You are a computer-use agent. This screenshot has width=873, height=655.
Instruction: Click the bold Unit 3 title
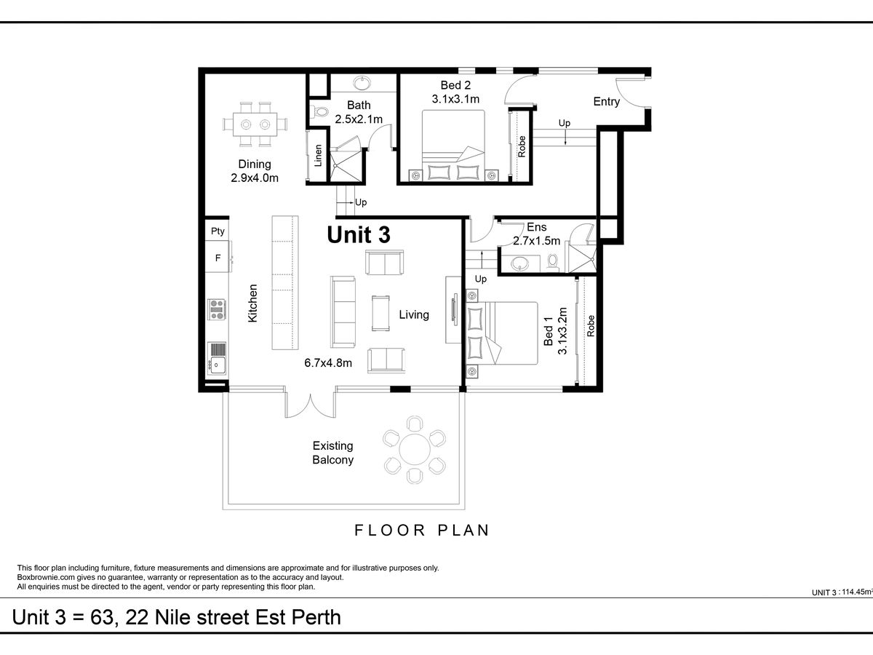(359, 234)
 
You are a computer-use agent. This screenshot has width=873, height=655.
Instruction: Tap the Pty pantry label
(218, 231)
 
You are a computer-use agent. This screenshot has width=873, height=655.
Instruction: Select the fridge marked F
(218, 258)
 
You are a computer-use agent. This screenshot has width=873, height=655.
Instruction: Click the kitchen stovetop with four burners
(217, 309)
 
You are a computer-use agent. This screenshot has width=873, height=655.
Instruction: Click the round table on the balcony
(415, 450)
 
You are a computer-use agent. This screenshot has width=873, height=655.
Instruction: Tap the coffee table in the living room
(380, 314)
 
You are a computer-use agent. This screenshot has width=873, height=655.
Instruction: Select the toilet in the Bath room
(320, 111)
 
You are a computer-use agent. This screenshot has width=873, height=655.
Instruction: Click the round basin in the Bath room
(362, 84)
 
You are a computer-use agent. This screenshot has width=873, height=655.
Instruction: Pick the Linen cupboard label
(318, 156)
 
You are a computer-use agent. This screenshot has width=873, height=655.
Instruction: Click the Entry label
(606, 102)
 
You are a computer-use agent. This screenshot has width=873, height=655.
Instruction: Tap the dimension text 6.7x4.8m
(328, 362)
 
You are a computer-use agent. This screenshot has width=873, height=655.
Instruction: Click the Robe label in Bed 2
(522, 146)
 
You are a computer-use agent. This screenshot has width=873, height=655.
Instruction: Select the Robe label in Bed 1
(591, 326)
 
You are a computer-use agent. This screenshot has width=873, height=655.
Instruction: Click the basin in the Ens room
(519, 263)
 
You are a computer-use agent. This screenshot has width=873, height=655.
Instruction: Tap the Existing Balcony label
(333, 453)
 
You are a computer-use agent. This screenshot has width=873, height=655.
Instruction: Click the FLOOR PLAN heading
(421, 530)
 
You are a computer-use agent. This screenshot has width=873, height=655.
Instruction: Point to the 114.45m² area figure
(857, 592)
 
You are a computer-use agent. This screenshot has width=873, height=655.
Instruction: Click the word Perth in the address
(316, 618)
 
